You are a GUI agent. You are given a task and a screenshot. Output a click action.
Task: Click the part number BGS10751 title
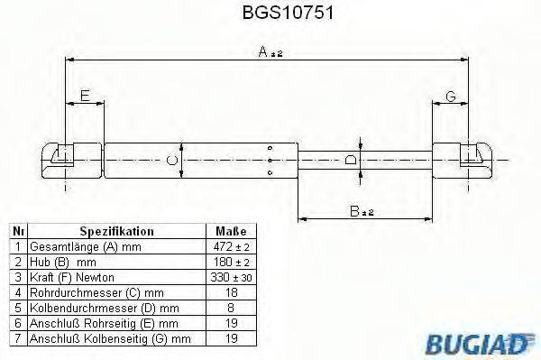coord(270,14)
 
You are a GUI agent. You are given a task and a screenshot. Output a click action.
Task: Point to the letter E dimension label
coord(84,95)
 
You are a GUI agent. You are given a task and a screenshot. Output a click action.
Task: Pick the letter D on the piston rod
coord(352,160)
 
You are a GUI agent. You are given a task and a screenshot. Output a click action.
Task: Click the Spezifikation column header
coord(116,231)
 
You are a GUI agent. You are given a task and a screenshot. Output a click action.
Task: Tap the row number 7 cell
coord(16,338)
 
